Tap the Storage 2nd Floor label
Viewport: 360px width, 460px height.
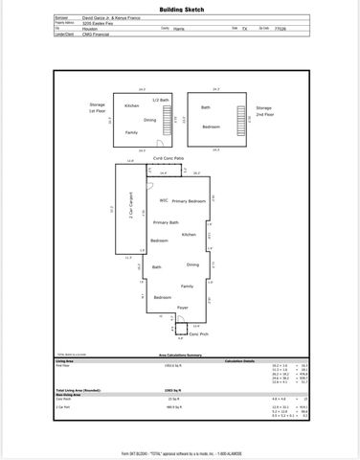[264, 113]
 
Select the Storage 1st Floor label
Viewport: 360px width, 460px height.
[98, 108]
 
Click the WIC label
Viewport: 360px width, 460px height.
[165, 200]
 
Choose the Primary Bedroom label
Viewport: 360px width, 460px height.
[190, 200]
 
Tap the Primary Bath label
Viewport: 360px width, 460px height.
[167, 222]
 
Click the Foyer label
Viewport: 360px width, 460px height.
[183, 307]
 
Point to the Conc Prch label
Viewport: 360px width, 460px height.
[198, 333]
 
